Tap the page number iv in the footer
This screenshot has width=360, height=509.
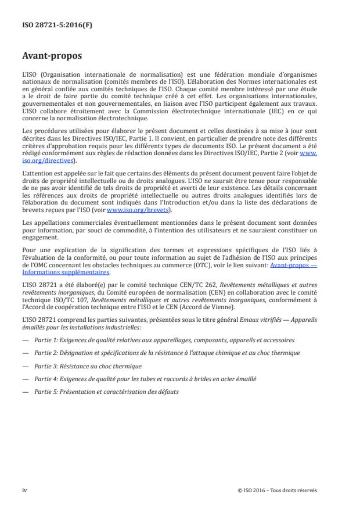coord(24,490)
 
